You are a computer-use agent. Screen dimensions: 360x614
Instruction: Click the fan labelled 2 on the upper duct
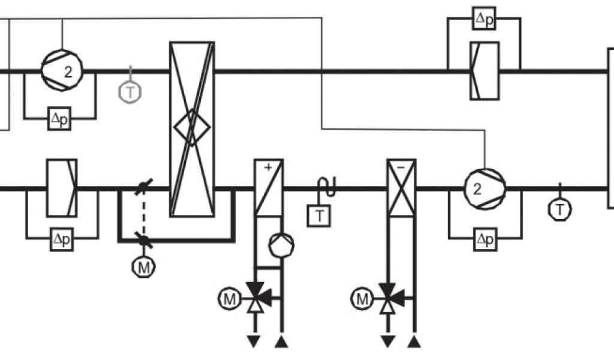pos(62,71)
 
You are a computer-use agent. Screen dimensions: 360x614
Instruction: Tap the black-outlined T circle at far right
pos(560,209)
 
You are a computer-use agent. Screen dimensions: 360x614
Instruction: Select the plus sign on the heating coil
pos(268,168)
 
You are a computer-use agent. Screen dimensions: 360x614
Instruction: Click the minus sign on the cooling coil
pos(401,169)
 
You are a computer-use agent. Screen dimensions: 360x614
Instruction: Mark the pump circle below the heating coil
pos(281,244)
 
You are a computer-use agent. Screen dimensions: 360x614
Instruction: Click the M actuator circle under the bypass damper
pos(143,267)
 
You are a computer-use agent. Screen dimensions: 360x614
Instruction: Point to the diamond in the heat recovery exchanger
pos(192,127)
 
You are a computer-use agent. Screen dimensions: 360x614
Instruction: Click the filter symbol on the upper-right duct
pos(484,70)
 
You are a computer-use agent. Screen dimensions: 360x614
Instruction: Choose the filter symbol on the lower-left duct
pos(62,187)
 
